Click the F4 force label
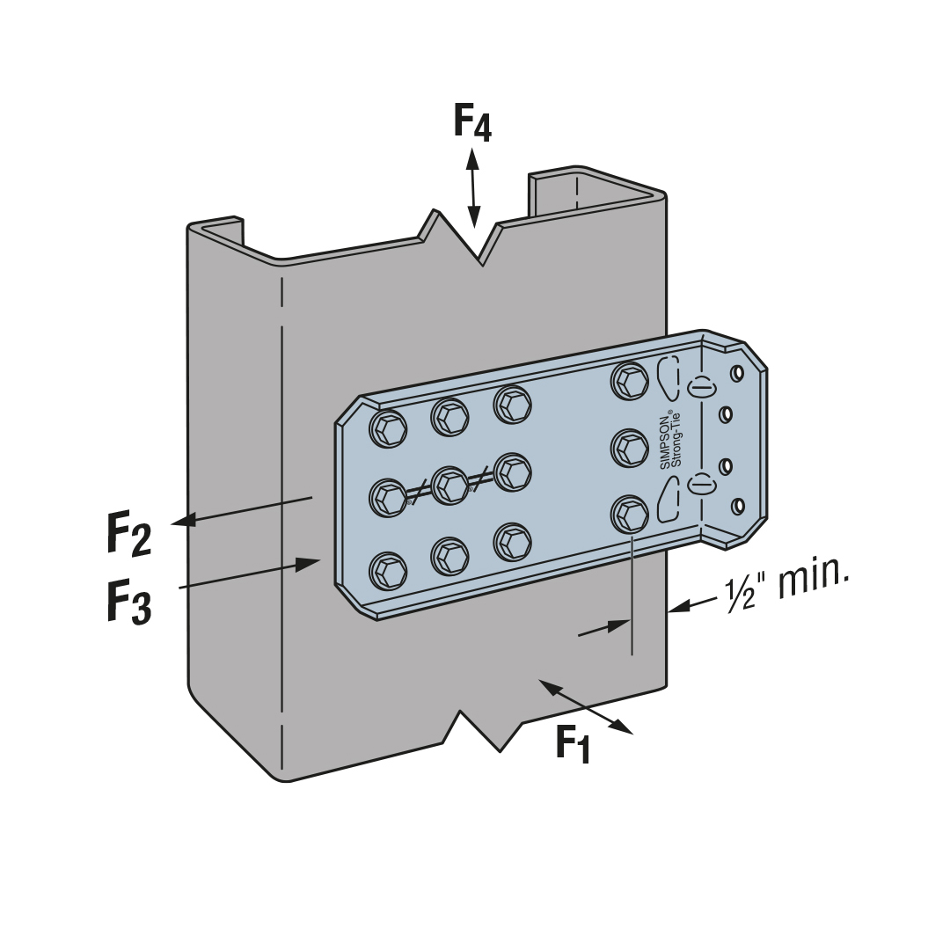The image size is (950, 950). pyautogui.click(x=472, y=122)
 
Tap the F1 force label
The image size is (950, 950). pyautogui.click(x=573, y=744)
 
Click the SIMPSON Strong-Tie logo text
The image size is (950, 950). pyautogui.click(x=670, y=441)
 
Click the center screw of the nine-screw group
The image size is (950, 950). pyautogui.click(x=450, y=485)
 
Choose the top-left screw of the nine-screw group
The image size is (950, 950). pyautogui.click(x=388, y=429)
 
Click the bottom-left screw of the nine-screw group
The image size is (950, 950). pyautogui.click(x=388, y=572)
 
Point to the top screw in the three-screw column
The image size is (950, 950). pyautogui.click(x=630, y=380)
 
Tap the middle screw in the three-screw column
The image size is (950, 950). pyautogui.click(x=630, y=448)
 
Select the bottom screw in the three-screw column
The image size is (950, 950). pyautogui.click(x=630, y=514)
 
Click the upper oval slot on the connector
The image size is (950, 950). pyautogui.click(x=700, y=387)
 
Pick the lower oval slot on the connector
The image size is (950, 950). pyautogui.click(x=700, y=483)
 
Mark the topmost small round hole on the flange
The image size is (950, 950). pyautogui.click(x=737, y=373)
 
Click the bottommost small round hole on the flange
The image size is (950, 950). pyautogui.click(x=737, y=506)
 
